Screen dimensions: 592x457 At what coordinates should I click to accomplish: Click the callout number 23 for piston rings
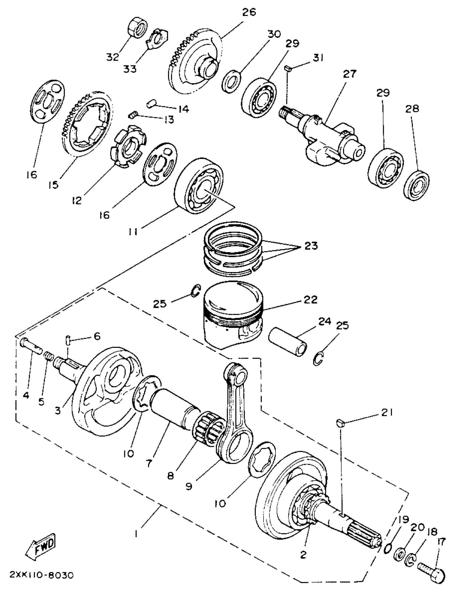(x=311, y=246)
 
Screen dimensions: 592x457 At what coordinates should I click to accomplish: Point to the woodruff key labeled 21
(x=340, y=422)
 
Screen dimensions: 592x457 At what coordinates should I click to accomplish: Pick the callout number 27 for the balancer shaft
(x=349, y=74)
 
